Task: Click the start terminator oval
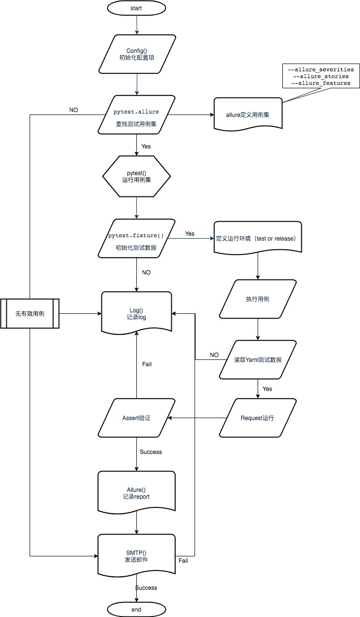[x=136, y=8]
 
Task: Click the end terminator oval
[x=136, y=609]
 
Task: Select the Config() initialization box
[x=136, y=54]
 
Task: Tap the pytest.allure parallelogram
[x=136, y=115]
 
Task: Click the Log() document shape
[x=136, y=313]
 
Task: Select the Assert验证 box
[x=136, y=418]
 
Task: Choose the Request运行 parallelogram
[x=257, y=418]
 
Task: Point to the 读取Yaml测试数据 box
[x=257, y=359]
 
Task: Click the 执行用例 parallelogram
[x=257, y=299]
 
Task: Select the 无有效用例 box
[x=30, y=313]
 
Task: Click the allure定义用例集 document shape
[x=248, y=115]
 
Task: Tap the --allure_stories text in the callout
[x=321, y=76]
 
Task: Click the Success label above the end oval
[x=146, y=587]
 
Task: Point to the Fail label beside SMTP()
[x=183, y=560]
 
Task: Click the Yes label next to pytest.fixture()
[x=190, y=233]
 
